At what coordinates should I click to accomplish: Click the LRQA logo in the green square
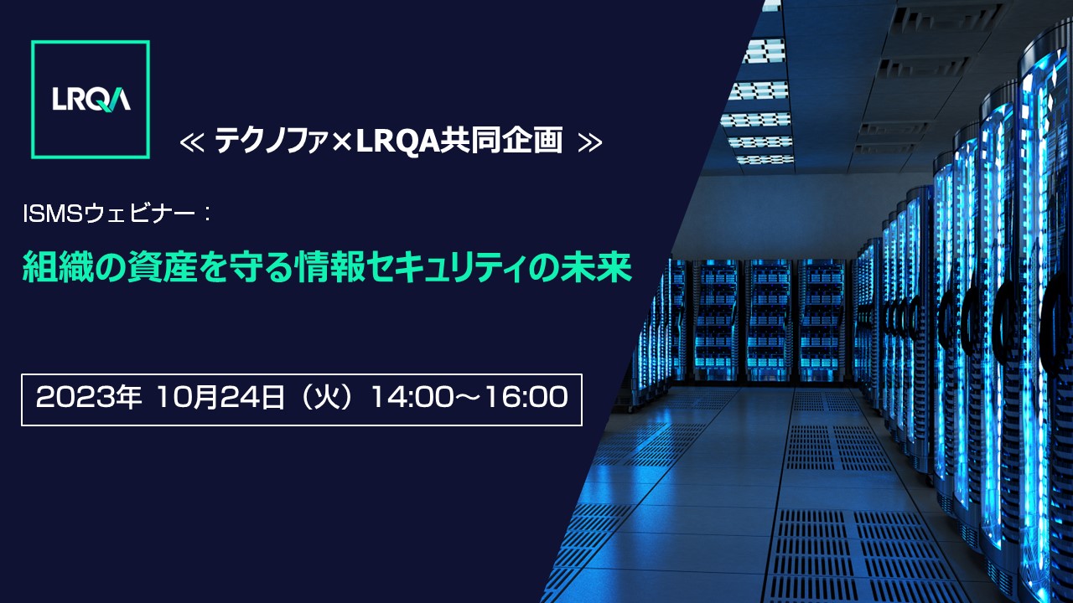pos(91,100)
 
